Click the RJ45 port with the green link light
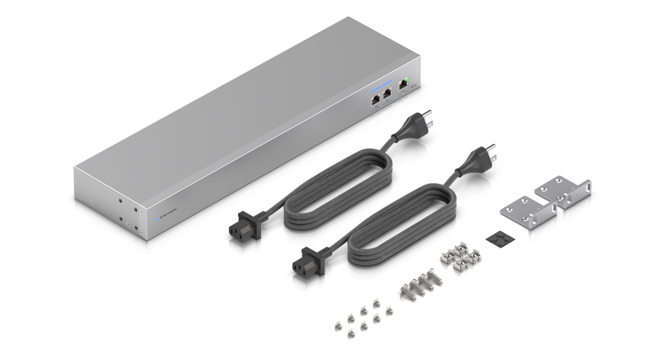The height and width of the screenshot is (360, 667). click(404, 84)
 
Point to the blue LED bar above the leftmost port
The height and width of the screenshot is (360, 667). click(376, 88)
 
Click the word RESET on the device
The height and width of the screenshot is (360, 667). click(414, 84)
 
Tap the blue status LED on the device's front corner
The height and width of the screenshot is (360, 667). click(158, 218)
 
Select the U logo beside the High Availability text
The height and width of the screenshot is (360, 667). click(163, 217)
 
